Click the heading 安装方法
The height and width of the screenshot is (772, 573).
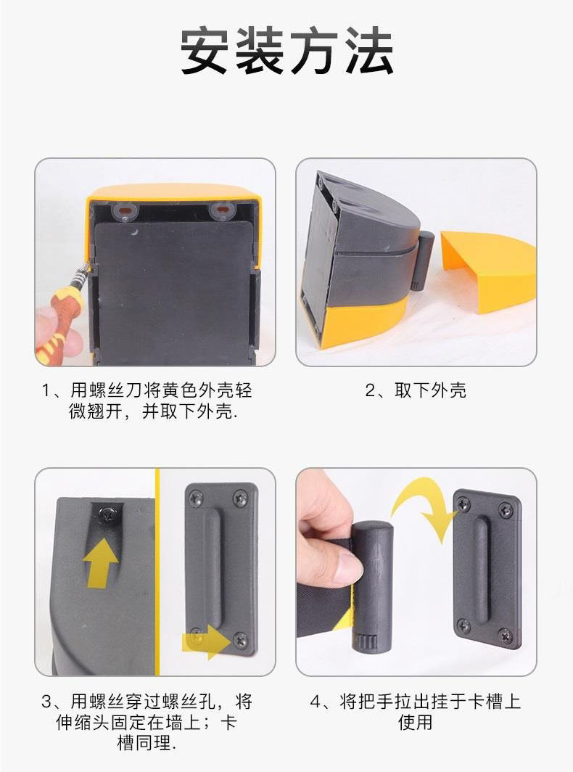286,52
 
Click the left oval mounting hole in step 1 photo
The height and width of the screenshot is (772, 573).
125,210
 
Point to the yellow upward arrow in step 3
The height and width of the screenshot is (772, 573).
100,563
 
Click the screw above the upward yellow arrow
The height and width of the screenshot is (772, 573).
107,513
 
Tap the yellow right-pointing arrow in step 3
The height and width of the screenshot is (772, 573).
207,641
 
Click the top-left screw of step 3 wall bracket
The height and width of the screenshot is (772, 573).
196,496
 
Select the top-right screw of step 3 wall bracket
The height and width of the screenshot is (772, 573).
241,497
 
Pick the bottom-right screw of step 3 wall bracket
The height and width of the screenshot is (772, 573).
240,639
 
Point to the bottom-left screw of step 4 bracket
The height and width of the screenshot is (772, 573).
463,625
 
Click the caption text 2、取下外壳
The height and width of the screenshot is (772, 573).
416,390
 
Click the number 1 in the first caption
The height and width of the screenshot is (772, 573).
46,391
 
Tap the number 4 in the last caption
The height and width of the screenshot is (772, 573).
316,702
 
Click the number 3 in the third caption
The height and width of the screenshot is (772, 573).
46,701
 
